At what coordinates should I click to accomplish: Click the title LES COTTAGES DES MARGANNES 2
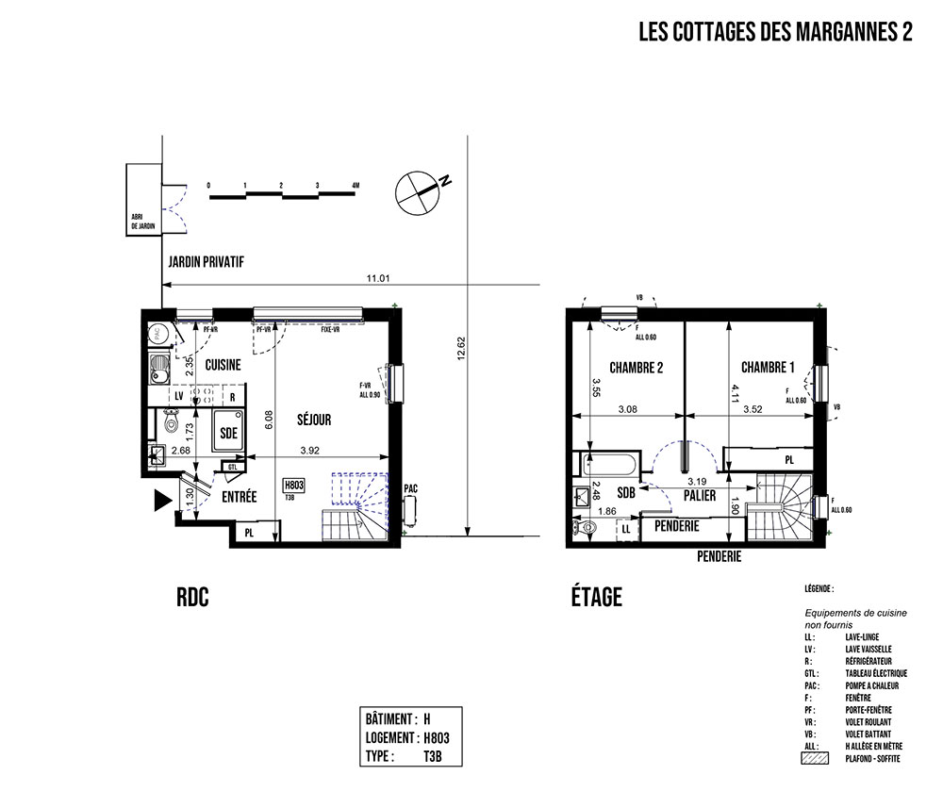pyautogui.click(x=775, y=33)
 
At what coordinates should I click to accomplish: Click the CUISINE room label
pyautogui.click(x=223, y=364)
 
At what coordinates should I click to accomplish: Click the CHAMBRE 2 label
pyautogui.click(x=636, y=368)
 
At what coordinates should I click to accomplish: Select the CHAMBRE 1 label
pyautogui.click(x=767, y=368)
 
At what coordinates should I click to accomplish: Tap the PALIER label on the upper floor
pyautogui.click(x=701, y=495)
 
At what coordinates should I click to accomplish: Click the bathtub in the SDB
pyautogui.click(x=609, y=465)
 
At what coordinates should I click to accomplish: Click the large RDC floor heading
pyautogui.click(x=191, y=597)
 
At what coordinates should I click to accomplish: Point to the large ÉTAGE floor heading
pyautogui.click(x=596, y=597)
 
